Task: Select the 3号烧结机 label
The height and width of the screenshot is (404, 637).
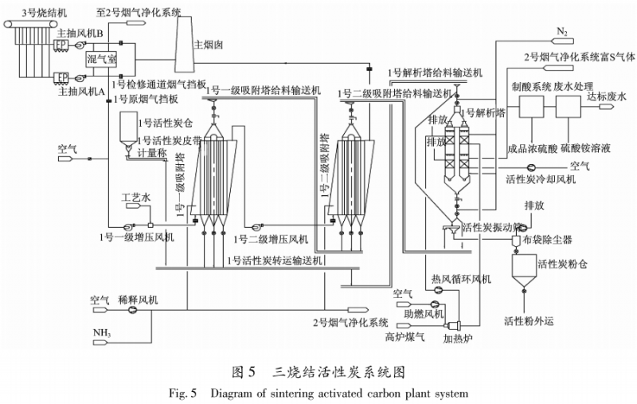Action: coord(25,10)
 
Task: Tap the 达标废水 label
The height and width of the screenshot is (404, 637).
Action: coord(606,96)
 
